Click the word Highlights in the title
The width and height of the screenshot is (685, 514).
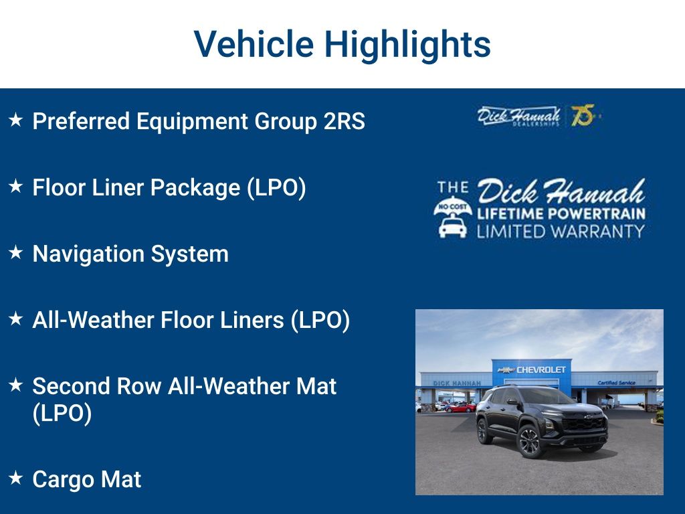click(x=407, y=45)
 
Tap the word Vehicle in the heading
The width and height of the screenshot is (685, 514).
click(x=254, y=44)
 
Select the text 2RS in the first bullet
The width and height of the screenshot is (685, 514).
click(x=345, y=121)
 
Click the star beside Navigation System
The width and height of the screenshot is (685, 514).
click(x=16, y=252)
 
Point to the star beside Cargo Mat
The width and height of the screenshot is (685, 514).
click(x=16, y=477)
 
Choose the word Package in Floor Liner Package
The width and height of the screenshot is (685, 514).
click(x=195, y=188)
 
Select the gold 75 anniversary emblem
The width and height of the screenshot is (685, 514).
click(x=584, y=116)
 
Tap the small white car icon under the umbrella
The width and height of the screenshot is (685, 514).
click(x=453, y=228)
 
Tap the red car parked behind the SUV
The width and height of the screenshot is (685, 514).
click(x=461, y=408)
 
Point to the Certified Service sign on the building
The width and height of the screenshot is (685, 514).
click(x=616, y=383)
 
